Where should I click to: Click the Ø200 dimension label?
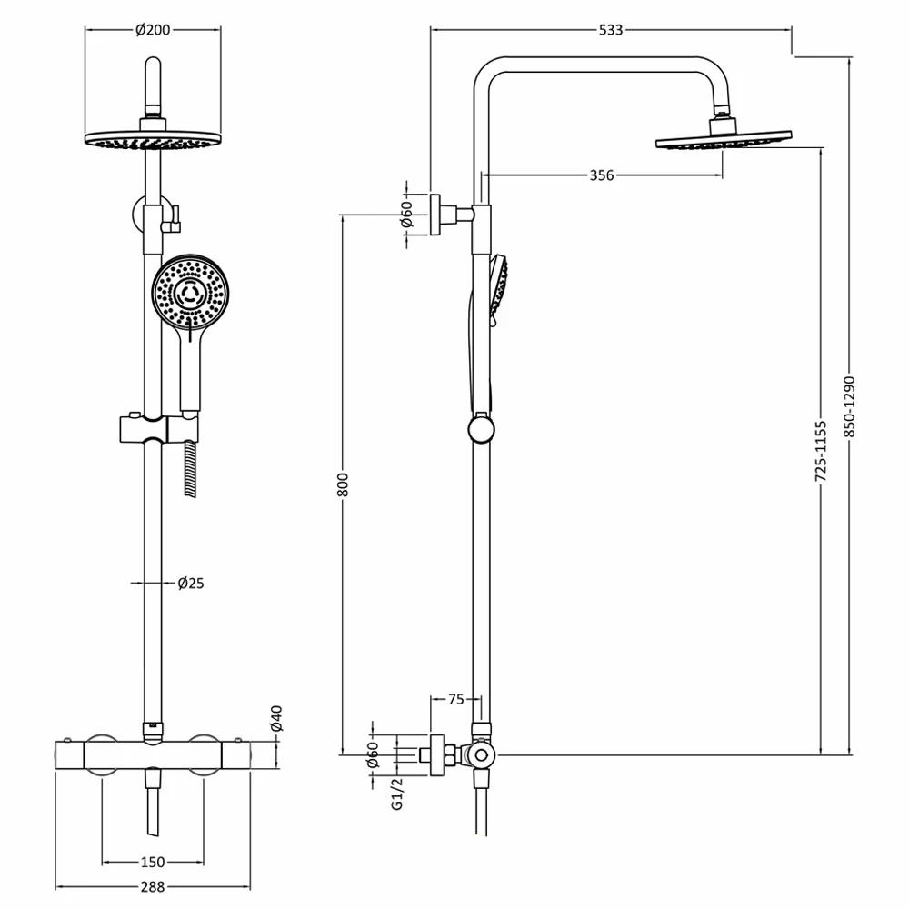click(152, 30)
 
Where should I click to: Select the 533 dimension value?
click(611, 30)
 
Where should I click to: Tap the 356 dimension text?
click(602, 175)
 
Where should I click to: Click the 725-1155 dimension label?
click(821, 450)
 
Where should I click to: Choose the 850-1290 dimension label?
click(850, 405)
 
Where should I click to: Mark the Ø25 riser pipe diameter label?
click(190, 583)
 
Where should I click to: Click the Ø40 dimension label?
click(277, 718)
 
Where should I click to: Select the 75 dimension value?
click(456, 699)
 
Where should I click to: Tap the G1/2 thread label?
click(396, 794)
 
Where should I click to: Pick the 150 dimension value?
click(152, 862)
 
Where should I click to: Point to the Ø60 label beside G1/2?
click(372, 754)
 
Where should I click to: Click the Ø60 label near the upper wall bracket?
click(407, 215)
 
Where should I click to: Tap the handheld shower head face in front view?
click(191, 294)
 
